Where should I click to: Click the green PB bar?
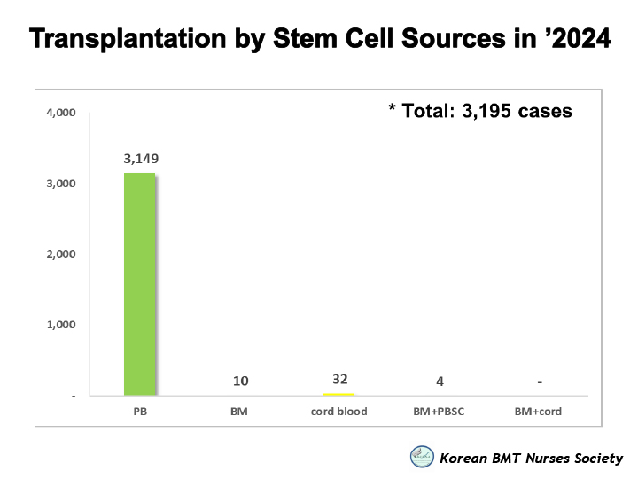point(140,284)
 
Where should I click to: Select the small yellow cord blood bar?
point(339,394)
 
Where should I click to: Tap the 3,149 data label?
point(141,159)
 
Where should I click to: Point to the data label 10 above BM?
point(240,381)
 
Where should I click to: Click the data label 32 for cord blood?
point(339,379)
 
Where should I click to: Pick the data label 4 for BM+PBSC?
point(440,381)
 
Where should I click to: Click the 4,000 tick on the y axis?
point(61,113)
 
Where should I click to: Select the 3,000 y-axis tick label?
point(61,184)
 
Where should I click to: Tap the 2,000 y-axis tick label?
point(61,254)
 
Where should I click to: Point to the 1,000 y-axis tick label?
point(61,325)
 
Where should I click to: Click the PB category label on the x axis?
point(141,412)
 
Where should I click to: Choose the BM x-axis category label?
point(240,412)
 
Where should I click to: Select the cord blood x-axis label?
point(339,412)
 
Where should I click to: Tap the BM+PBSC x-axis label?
point(440,412)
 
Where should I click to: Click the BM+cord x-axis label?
point(539,412)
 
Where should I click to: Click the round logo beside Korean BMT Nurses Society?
point(422,457)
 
